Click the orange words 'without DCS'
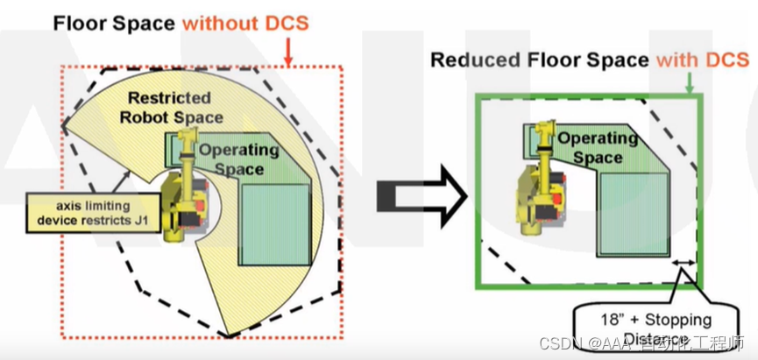coord(246,22)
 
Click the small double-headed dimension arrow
coord(684,263)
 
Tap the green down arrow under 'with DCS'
coord(691,83)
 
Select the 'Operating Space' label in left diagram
coord(238,159)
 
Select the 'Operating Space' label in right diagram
coord(598,147)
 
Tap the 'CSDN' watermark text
coord(557,342)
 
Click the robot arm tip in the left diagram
coord(186,138)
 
